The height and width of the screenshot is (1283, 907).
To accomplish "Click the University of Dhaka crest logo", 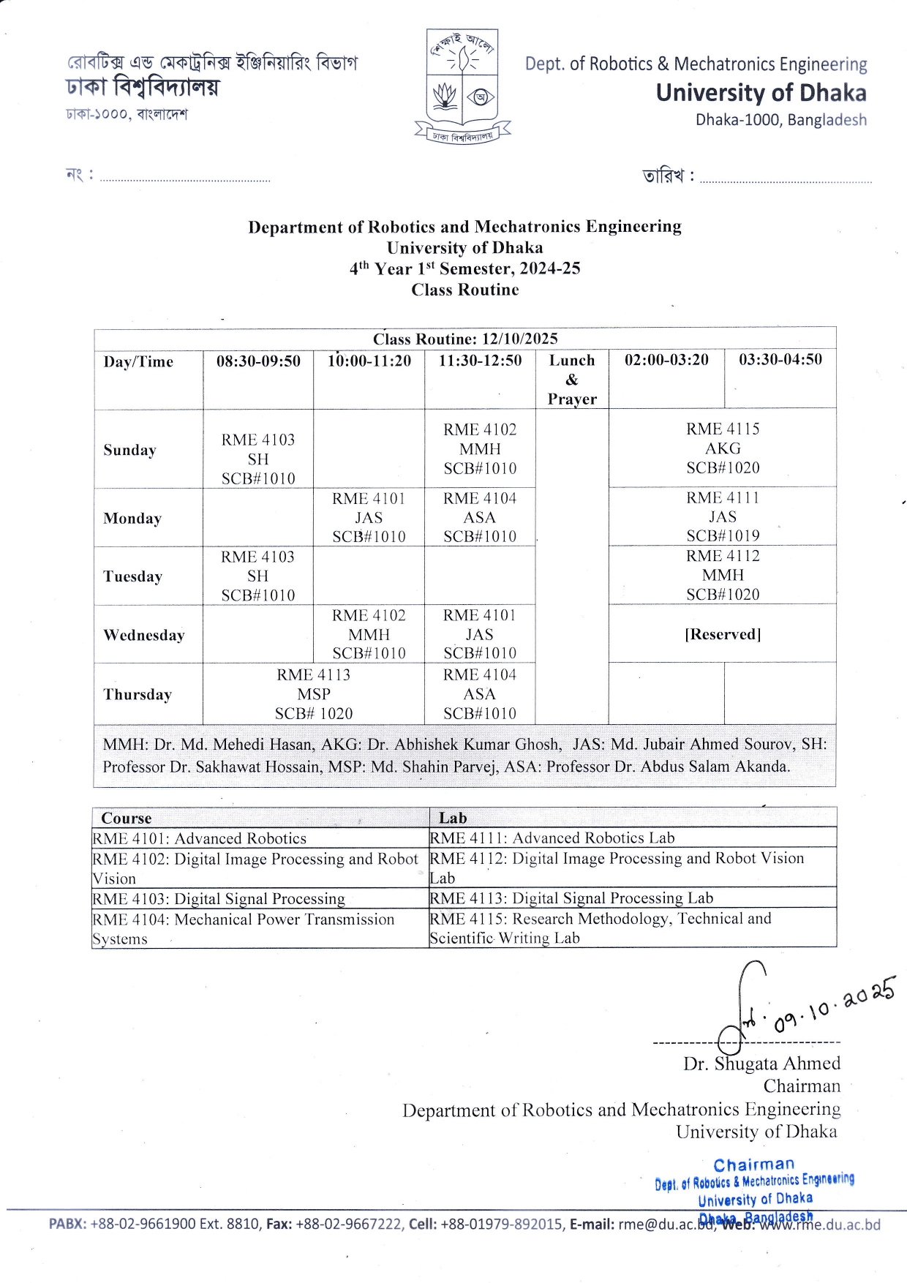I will (x=462, y=86).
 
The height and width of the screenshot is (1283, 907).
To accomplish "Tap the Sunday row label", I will (x=130, y=450).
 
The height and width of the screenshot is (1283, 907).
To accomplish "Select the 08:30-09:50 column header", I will (x=258, y=361).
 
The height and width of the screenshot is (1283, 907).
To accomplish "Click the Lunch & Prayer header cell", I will (x=572, y=379).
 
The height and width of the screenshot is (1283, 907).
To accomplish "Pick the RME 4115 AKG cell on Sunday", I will (x=723, y=448).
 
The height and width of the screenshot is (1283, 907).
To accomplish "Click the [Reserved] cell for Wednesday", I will (x=723, y=634).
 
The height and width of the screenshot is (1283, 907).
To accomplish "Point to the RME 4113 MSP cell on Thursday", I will (x=314, y=693).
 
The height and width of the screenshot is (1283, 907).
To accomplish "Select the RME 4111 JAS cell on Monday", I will (x=723, y=516).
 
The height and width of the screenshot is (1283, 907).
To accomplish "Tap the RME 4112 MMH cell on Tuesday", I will (x=723, y=575).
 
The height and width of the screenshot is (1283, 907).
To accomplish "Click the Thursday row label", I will (x=138, y=694).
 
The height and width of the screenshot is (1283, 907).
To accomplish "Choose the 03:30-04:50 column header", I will (x=780, y=359).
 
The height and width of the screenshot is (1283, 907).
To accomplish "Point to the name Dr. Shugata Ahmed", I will (x=761, y=1064).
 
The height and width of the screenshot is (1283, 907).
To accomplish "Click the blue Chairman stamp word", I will (x=753, y=1165).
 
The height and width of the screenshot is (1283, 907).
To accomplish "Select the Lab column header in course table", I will (x=453, y=818).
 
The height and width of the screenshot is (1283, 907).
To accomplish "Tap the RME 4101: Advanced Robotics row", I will (x=200, y=838).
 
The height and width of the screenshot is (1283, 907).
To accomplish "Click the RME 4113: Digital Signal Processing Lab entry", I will (x=571, y=898).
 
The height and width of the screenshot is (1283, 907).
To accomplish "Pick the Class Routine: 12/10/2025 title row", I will (x=465, y=339).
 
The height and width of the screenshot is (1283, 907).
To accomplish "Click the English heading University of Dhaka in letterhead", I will (x=761, y=93).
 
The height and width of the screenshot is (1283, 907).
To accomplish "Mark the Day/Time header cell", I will (x=138, y=361).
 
